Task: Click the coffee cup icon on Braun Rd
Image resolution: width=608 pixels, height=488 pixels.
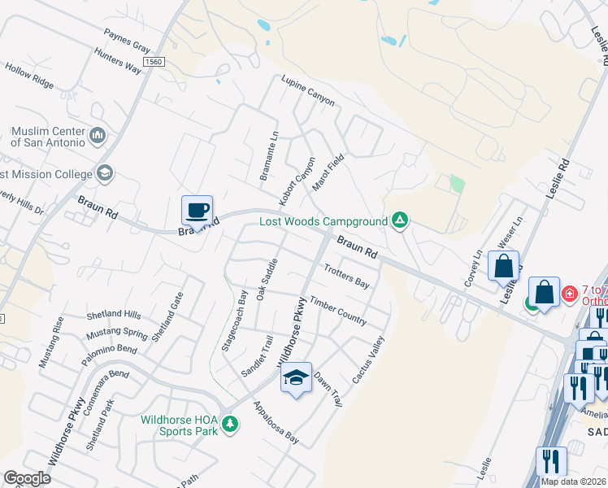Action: [197, 211]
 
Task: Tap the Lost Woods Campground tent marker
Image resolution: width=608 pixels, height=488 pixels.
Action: [399, 220]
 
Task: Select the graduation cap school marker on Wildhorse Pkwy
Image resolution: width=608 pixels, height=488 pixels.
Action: [297, 378]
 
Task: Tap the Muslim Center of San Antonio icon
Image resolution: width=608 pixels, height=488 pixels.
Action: [98, 134]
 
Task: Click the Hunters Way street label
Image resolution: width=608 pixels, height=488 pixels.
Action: [118, 59]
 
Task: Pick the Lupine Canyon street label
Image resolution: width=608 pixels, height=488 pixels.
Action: [308, 90]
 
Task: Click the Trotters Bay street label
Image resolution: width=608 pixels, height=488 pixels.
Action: [346, 276]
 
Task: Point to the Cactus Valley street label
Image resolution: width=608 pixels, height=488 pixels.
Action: [367, 360]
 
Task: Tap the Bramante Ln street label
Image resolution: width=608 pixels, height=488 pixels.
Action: [274, 153]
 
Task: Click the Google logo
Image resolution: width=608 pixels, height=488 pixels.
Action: [27, 478]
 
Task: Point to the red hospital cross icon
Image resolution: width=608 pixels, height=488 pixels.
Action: [570, 292]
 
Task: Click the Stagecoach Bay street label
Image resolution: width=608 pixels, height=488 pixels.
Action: [242, 308]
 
